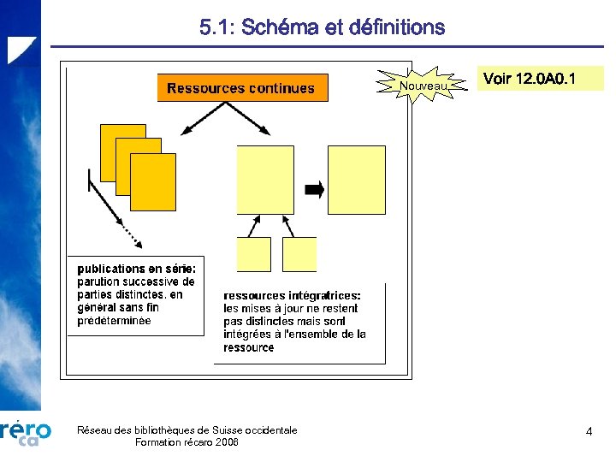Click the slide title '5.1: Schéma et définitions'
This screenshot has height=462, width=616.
(322, 27)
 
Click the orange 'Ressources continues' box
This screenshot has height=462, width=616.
(242, 88)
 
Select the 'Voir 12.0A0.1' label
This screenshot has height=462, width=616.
(541, 79)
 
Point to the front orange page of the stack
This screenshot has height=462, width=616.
(153, 181)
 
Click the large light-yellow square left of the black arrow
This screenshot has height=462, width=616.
(264, 180)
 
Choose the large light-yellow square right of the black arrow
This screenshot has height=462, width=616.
(356, 180)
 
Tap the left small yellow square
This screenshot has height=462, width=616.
(253, 254)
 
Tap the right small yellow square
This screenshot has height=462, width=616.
(299, 254)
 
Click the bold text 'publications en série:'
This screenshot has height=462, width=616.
(137, 269)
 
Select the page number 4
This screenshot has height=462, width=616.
(589, 432)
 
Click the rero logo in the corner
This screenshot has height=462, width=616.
(26, 432)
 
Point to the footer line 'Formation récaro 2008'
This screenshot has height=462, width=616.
(187, 442)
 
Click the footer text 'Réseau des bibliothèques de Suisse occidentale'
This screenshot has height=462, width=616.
(187, 429)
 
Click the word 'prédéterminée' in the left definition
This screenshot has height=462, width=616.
(114, 321)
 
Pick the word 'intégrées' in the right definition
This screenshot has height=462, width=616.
(248, 335)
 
